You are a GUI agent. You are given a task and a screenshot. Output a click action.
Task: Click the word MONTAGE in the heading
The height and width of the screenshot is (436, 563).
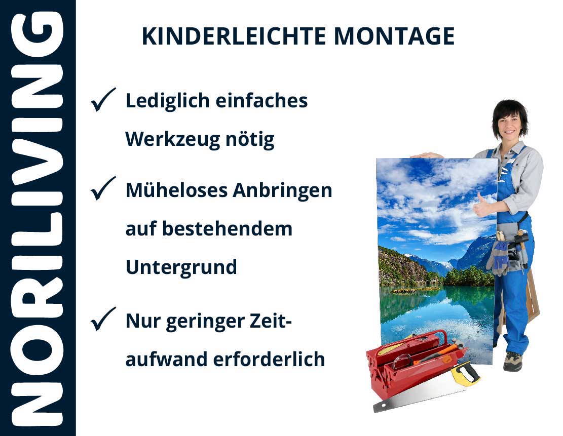click(x=394, y=36)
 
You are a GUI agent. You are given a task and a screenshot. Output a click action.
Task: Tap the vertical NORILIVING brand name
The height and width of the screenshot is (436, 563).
click(x=37, y=218)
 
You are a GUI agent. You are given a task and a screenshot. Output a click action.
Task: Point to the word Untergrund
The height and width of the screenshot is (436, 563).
click(x=181, y=267)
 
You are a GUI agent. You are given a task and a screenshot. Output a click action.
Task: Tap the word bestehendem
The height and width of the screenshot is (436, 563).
click(x=227, y=229)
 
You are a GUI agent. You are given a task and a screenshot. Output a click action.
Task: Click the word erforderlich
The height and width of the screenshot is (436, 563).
click(x=269, y=359)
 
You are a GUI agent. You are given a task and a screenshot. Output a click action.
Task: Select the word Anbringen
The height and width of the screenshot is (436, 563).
click(x=282, y=191)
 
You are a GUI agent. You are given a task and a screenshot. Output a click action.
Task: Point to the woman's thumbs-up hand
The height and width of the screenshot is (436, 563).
click(x=482, y=205)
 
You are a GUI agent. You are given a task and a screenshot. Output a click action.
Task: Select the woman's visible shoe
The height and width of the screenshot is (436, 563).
click(x=512, y=361)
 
